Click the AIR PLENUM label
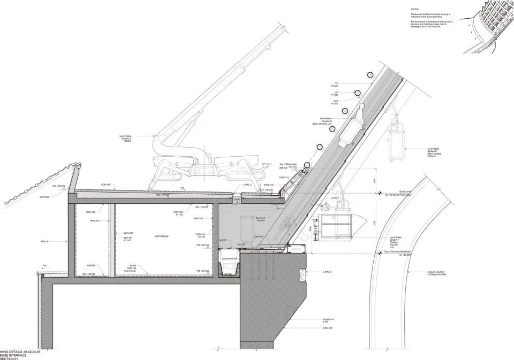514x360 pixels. point(162,235)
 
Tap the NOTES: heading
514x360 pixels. point(415,10)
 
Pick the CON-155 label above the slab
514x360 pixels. point(105,185)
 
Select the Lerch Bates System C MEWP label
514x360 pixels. point(126,138)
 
